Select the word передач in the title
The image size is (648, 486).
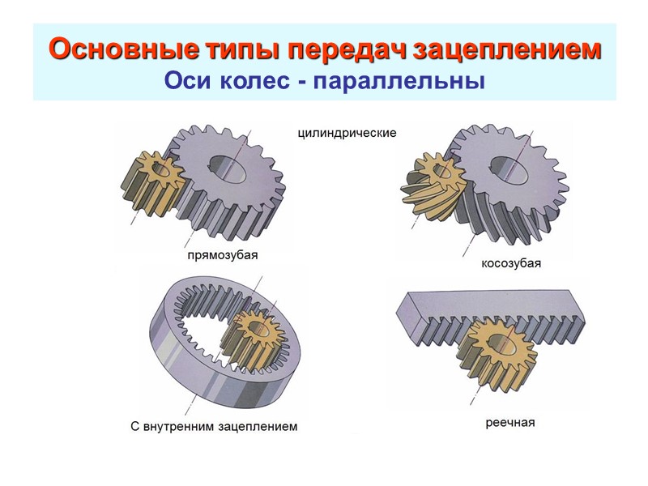click(x=340, y=50)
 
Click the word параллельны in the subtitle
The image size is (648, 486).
click(x=396, y=83)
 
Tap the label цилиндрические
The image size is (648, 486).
click(x=347, y=133)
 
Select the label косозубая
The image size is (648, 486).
click(x=510, y=264)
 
